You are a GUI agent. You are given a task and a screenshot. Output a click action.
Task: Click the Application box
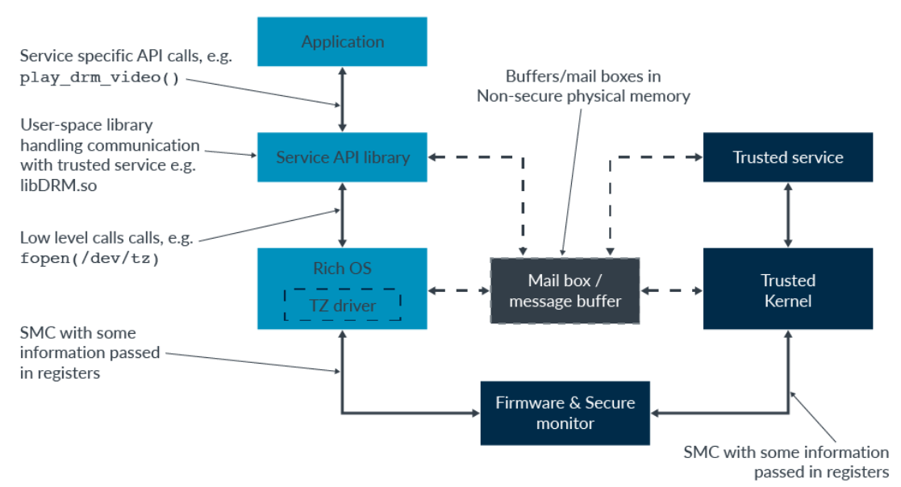pos(343,41)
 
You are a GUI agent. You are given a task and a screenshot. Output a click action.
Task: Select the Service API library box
pos(343,156)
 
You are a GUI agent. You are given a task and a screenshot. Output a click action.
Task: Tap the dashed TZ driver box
pos(342,305)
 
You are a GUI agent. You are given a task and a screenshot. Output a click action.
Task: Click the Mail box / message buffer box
pos(565,291)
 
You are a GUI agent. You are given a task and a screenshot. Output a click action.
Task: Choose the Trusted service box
pos(787,156)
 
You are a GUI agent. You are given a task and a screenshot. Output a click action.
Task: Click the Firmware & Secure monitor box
pos(565,413)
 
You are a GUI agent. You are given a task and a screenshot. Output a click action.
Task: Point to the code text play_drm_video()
pos(99,78)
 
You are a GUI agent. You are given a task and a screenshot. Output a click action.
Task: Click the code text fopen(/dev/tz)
pos(88,260)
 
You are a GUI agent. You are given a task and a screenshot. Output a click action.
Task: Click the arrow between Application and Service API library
pos(343,99)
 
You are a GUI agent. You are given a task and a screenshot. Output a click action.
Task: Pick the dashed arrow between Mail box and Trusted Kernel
pos(671,290)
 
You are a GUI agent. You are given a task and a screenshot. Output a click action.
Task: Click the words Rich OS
pos(342,268)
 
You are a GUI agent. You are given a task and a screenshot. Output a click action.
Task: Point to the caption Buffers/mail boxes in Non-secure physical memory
pos(583,86)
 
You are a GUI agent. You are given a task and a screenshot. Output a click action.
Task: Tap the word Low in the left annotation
pos(34,239)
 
